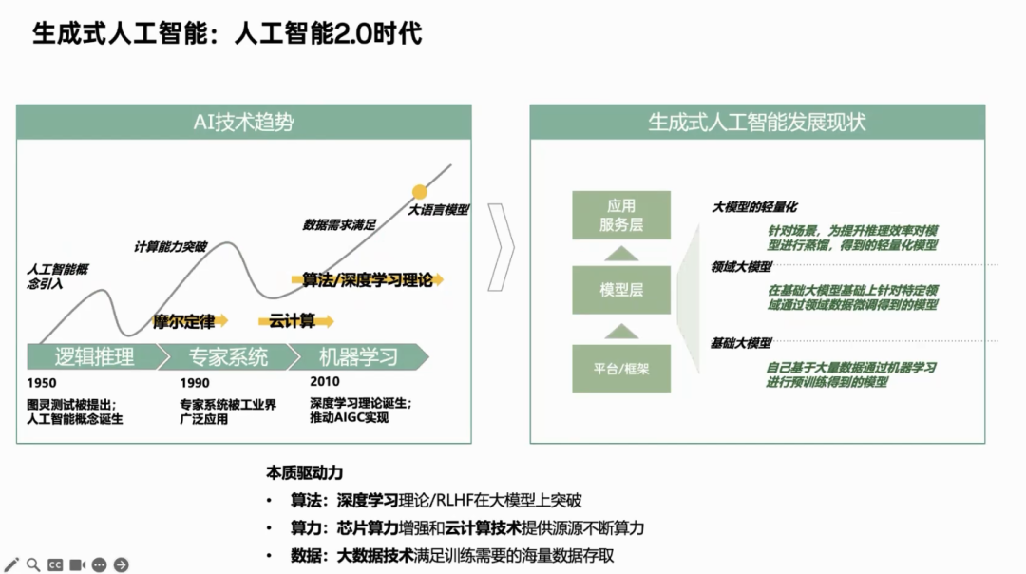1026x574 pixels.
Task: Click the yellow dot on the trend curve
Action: (x=420, y=192)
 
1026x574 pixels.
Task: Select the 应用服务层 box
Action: (x=621, y=216)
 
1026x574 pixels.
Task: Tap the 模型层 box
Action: (x=621, y=290)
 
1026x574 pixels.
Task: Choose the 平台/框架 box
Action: (x=621, y=368)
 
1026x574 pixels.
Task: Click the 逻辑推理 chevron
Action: (x=93, y=357)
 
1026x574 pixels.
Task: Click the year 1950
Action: (x=42, y=383)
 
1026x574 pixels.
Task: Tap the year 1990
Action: (x=195, y=383)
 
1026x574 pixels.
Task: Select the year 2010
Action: (x=325, y=381)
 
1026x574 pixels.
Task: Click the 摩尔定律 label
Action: (x=183, y=322)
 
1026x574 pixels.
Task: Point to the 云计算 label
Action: (x=292, y=321)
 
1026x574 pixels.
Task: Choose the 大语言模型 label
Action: (x=438, y=210)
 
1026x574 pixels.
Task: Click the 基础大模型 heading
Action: (x=741, y=343)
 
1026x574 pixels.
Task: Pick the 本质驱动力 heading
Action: (x=304, y=472)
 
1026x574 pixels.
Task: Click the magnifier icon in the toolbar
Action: (x=33, y=564)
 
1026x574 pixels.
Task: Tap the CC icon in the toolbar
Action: (x=55, y=564)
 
